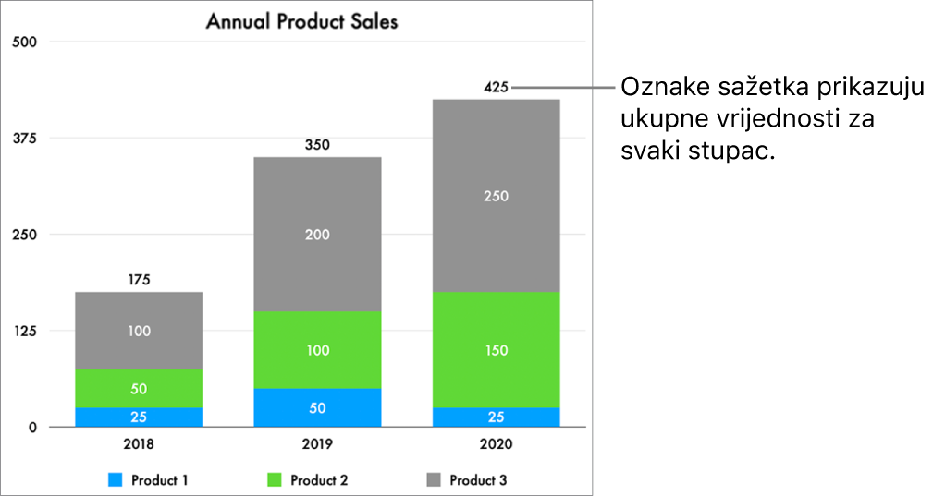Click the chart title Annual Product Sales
(x=301, y=20)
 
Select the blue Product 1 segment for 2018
(x=139, y=417)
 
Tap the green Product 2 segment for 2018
(x=139, y=388)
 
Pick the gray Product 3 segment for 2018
(x=139, y=331)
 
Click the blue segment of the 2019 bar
(x=317, y=407)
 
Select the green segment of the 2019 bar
(x=317, y=350)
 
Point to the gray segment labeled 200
(x=317, y=235)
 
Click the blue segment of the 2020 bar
(x=496, y=417)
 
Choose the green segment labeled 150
(x=496, y=350)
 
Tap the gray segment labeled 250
(x=496, y=196)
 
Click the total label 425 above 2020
(x=496, y=88)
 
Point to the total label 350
(x=317, y=145)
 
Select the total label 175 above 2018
(x=139, y=280)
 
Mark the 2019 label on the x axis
(x=317, y=444)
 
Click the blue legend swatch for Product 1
(x=116, y=480)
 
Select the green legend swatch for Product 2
(x=275, y=480)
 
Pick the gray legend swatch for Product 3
(x=434, y=480)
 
